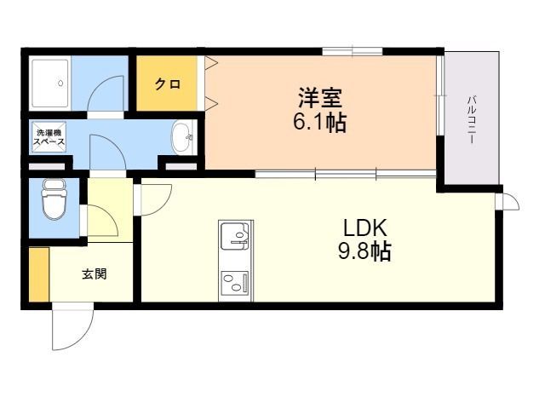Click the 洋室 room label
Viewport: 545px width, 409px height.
pos(320,98)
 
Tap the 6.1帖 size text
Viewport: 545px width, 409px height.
pos(320,122)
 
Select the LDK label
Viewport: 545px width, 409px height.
pos(365,228)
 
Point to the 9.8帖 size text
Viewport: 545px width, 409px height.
pos(364,251)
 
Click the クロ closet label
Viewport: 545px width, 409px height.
pos(168,84)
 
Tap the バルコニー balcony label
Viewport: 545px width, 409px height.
pos(472,119)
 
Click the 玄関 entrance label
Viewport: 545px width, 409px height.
pos(95,274)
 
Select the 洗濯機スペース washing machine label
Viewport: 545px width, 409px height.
pos(49,137)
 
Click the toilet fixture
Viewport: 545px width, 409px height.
pos(54,199)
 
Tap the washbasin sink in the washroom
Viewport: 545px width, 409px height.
pos(181,137)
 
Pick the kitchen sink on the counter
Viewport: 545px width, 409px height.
pos(235,236)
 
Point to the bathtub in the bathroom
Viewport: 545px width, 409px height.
pos(50,84)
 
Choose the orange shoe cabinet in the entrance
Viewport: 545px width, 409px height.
pos(39,274)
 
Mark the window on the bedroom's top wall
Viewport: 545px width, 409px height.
pos(353,51)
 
